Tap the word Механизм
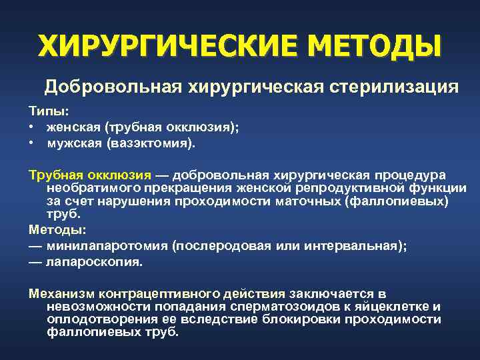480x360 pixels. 61,293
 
